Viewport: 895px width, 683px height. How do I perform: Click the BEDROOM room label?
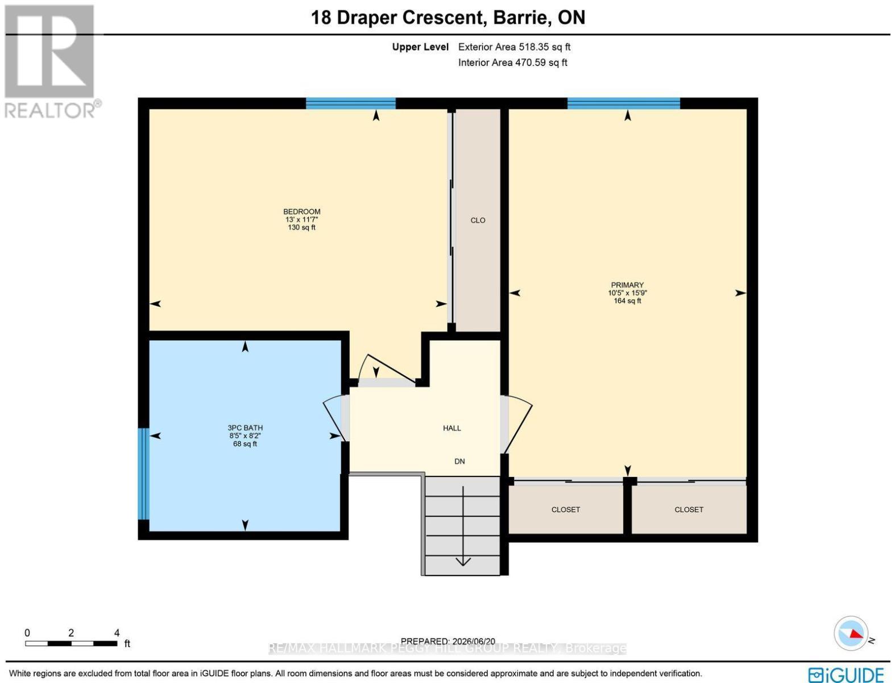[302, 212]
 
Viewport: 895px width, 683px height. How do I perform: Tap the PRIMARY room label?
[627, 285]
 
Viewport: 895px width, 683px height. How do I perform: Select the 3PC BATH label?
[245, 428]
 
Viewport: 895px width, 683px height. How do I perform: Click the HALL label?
[452, 428]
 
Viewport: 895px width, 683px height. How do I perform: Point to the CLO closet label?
[478, 220]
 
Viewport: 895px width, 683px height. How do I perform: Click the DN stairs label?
[459, 462]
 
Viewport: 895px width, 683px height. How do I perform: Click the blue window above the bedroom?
[351, 103]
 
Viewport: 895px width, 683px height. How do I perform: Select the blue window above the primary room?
[623, 103]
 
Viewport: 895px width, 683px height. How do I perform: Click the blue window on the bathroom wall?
[143, 474]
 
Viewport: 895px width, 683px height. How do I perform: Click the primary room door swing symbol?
[517, 425]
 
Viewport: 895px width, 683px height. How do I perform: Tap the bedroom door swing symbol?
[387, 370]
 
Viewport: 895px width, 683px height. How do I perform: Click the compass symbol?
[851, 633]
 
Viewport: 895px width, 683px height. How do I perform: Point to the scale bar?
[71, 643]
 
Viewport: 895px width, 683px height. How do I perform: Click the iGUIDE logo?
[846, 673]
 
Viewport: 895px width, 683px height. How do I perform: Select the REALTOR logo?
[51, 61]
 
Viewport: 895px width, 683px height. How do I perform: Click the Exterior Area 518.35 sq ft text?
[514, 47]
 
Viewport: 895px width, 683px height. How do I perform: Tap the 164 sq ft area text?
[627, 301]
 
